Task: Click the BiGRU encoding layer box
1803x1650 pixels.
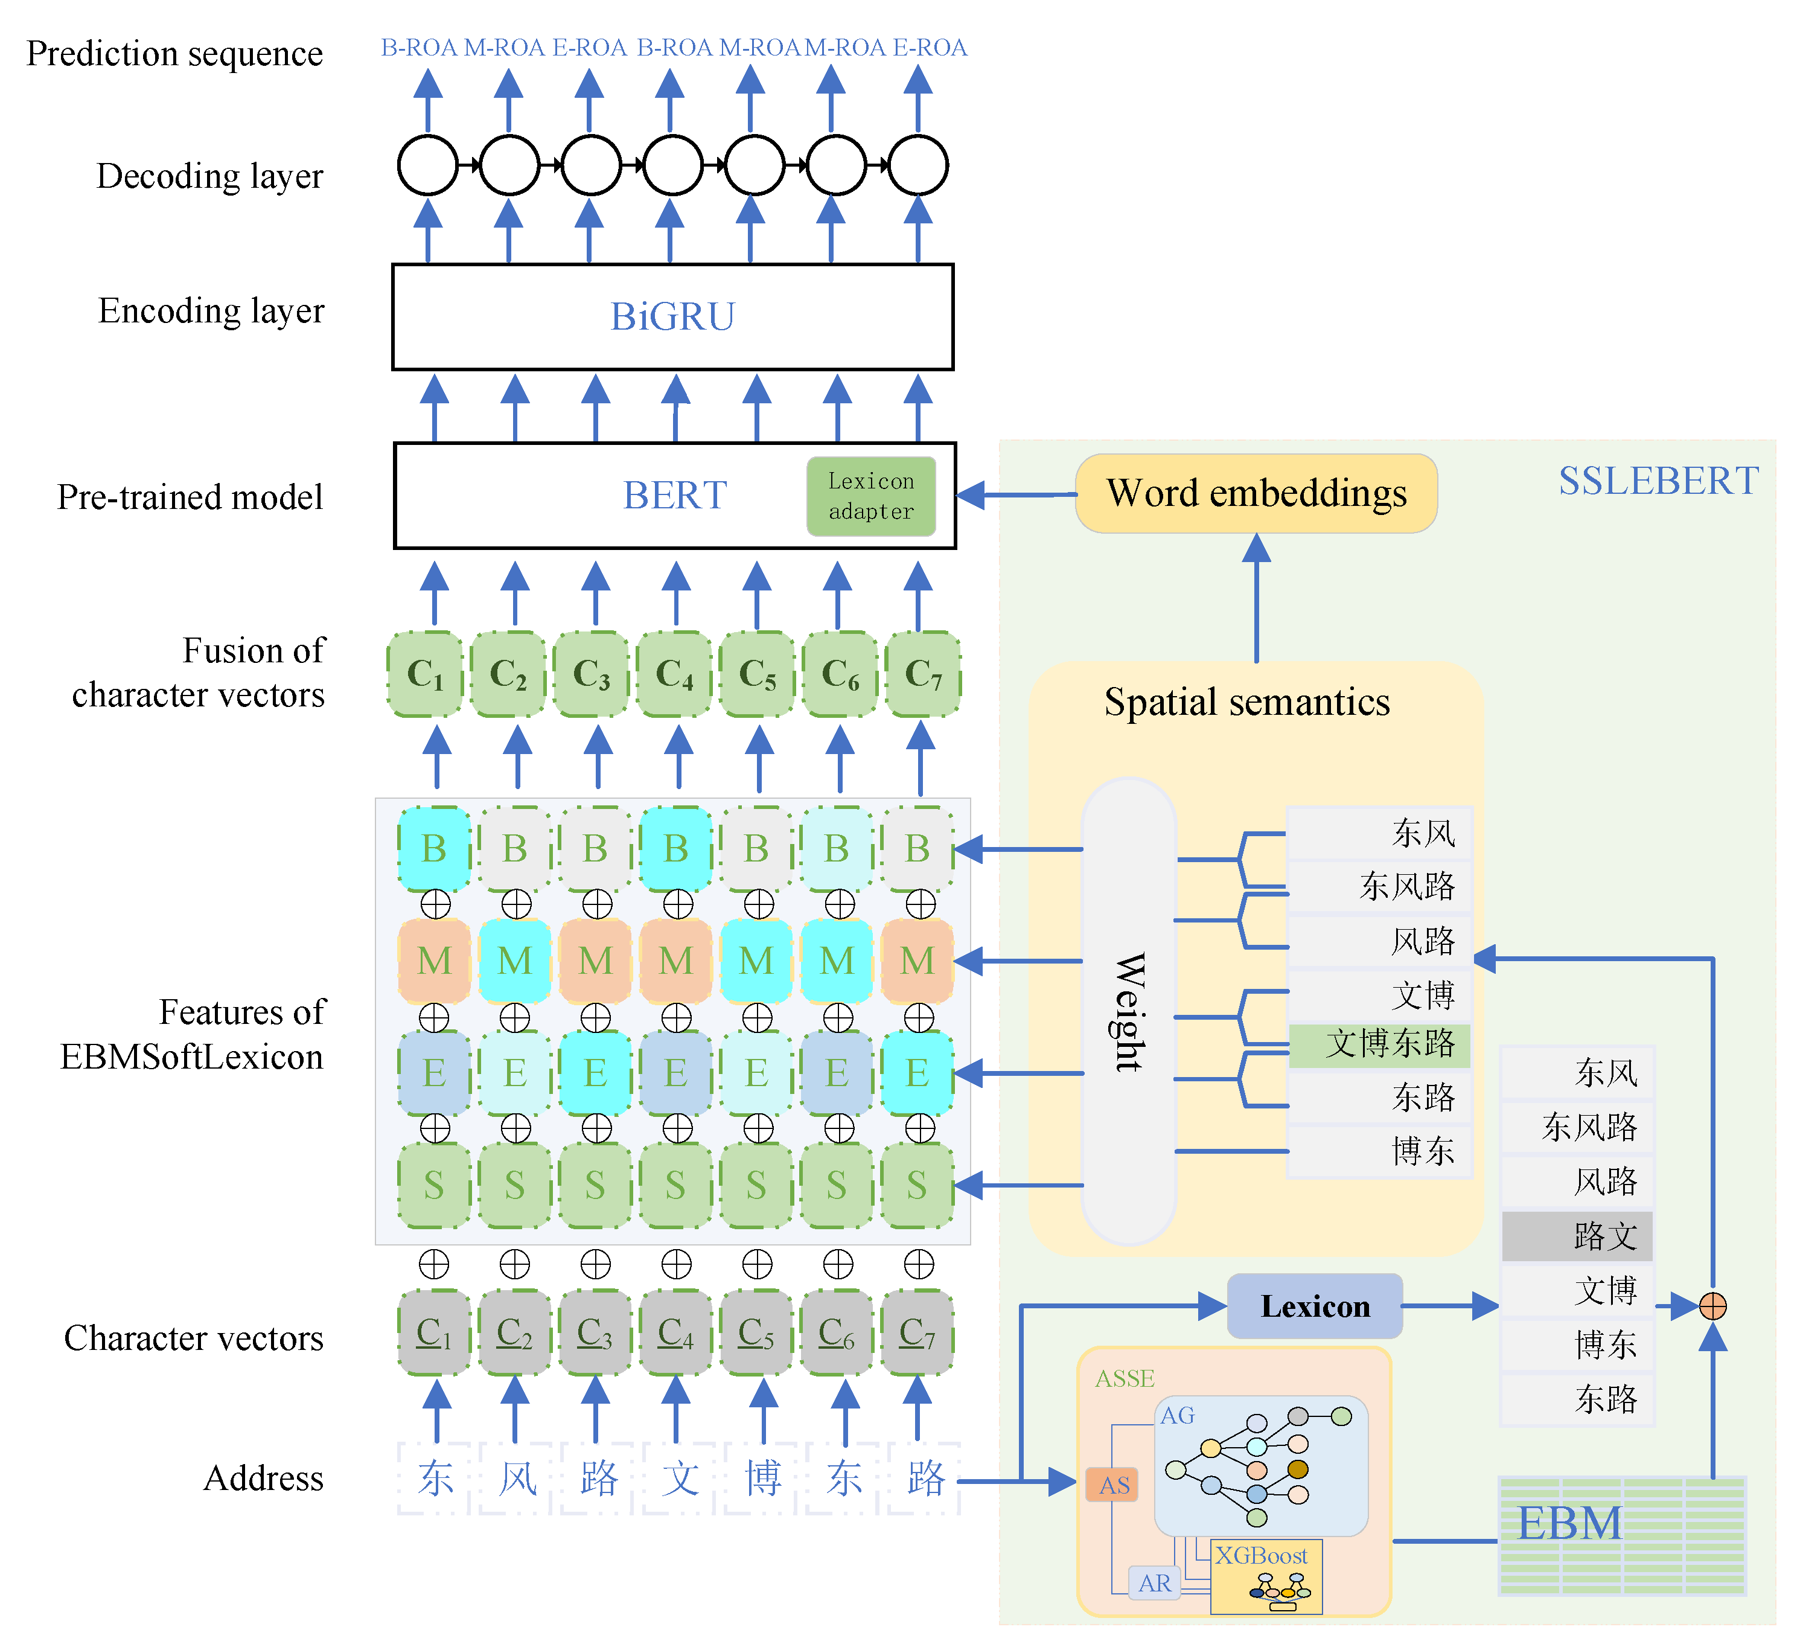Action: pos(672,316)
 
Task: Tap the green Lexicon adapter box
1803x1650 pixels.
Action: pos(870,496)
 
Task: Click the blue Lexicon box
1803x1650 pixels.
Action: pos(1314,1306)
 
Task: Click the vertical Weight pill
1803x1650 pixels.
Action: pos(1129,1011)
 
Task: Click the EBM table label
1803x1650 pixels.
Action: pos(1569,1523)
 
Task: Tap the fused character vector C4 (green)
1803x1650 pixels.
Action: pos(674,673)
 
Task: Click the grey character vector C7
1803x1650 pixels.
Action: pos(917,1332)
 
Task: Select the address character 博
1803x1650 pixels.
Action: pos(762,1477)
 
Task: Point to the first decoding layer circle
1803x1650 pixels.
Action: pos(427,165)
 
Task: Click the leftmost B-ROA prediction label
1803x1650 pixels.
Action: pos(418,48)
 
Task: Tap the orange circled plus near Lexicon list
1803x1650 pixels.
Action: pos(1712,1306)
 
